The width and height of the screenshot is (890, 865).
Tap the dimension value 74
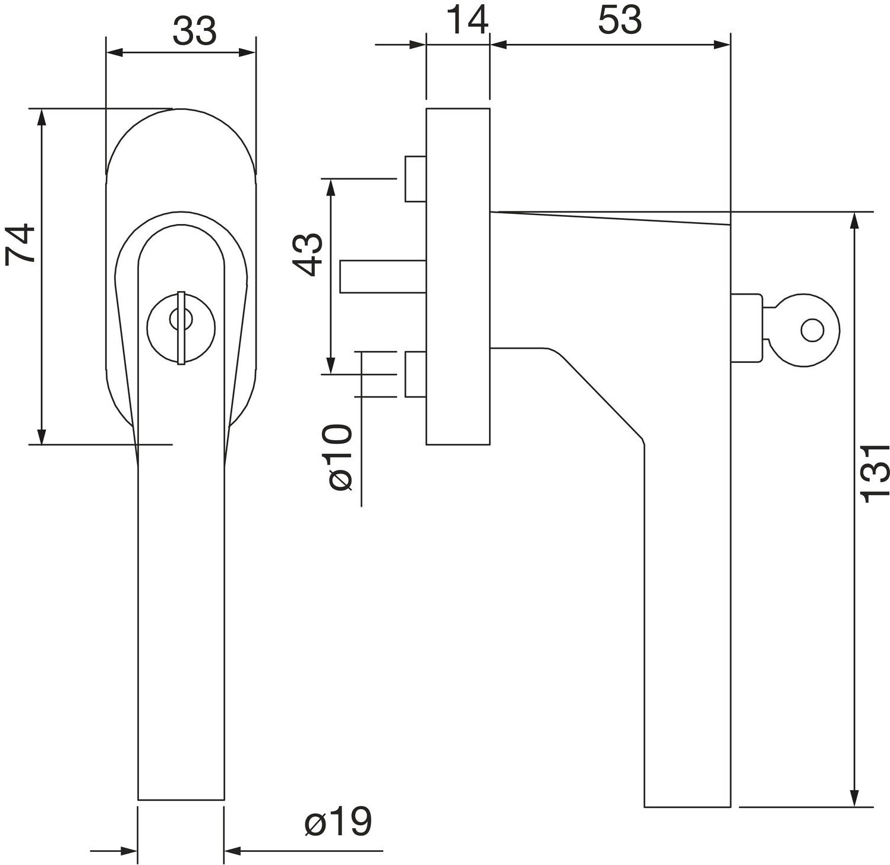(20, 244)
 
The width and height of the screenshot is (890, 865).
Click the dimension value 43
(309, 255)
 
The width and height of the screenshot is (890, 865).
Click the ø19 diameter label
(338, 822)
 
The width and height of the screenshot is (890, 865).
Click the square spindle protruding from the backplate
(383, 277)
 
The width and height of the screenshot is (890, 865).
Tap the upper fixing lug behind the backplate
(415, 179)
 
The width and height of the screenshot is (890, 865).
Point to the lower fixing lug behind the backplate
(415, 374)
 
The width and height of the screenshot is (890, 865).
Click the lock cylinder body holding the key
(746, 327)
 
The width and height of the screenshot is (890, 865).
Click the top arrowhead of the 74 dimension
(41, 118)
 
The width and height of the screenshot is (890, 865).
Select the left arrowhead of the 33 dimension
(115, 52)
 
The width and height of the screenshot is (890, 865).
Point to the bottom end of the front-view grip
(181, 800)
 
